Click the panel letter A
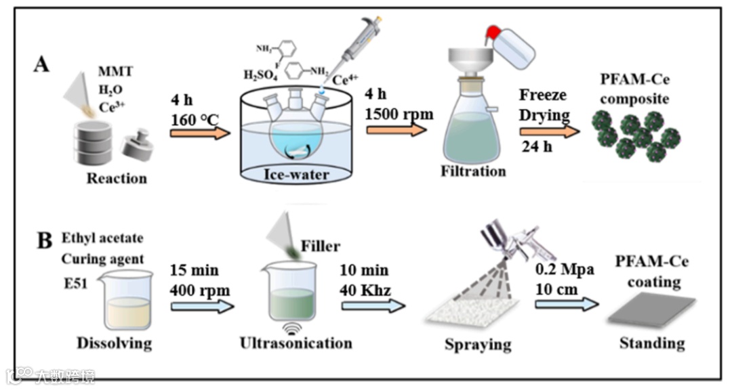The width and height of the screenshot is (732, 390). (x=42, y=65)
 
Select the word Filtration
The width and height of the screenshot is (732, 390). (x=473, y=171)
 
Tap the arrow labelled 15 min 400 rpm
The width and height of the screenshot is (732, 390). (x=201, y=306)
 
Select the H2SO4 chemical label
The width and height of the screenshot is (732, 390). (x=263, y=74)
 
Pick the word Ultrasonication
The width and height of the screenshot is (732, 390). (x=296, y=343)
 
